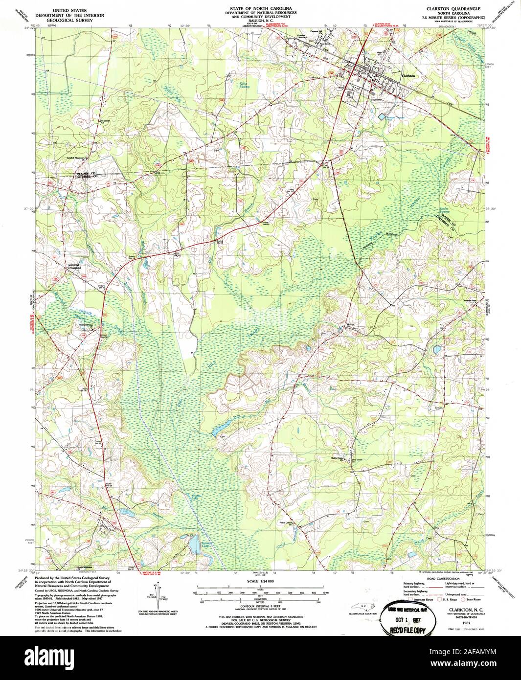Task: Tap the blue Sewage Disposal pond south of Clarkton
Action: coord(382,116)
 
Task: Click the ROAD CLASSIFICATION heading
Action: coord(436,578)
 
